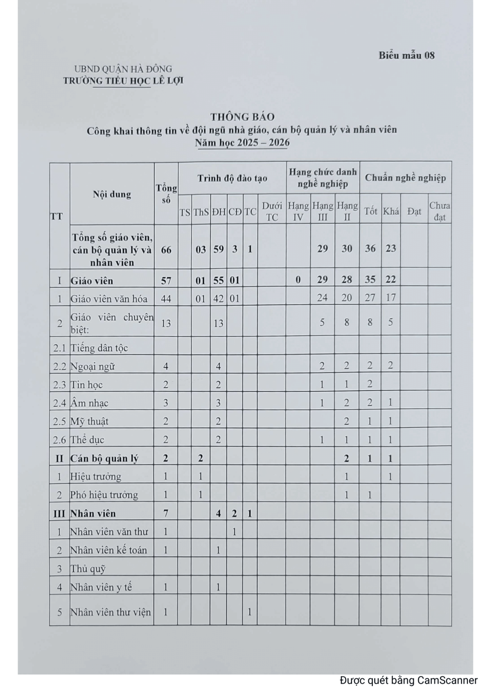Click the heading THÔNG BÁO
(242, 117)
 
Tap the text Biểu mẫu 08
(406, 56)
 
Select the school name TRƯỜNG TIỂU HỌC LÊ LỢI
(123, 81)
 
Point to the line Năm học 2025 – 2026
(242, 143)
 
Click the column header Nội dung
(112, 194)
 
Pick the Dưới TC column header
(272, 211)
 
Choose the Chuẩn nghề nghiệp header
(405, 177)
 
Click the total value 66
(166, 249)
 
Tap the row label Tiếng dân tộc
(99, 348)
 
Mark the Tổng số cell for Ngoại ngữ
(166, 366)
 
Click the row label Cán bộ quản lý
(104, 459)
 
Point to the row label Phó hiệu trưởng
(104, 495)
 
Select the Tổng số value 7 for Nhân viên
(166, 513)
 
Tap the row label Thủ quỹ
(88, 569)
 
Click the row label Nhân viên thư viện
(110, 612)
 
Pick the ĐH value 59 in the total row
(218, 249)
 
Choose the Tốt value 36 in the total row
(370, 249)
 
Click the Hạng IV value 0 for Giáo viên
(298, 280)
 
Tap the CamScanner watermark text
(409, 680)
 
